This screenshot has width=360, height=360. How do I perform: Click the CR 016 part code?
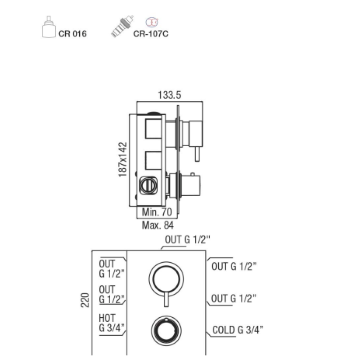pyautogui.click(x=72, y=34)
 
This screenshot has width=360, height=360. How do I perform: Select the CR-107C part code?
pyautogui.click(x=151, y=34)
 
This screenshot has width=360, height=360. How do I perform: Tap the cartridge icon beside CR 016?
pyautogui.click(x=49, y=27)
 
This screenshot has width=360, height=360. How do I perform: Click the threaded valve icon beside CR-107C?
pyautogui.click(x=122, y=27)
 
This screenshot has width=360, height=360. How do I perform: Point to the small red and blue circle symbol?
pyautogui.click(x=152, y=22)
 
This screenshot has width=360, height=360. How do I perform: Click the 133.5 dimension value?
pyautogui.click(x=170, y=95)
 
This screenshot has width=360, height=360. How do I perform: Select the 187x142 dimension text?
pyautogui.click(x=122, y=160)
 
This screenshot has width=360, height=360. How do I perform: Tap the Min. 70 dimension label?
pyautogui.click(x=157, y=212)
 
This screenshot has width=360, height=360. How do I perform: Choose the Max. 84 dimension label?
pyautogui.click(x=158, y=225)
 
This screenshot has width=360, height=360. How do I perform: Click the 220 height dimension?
pyautogui.click(x=85, y=300)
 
